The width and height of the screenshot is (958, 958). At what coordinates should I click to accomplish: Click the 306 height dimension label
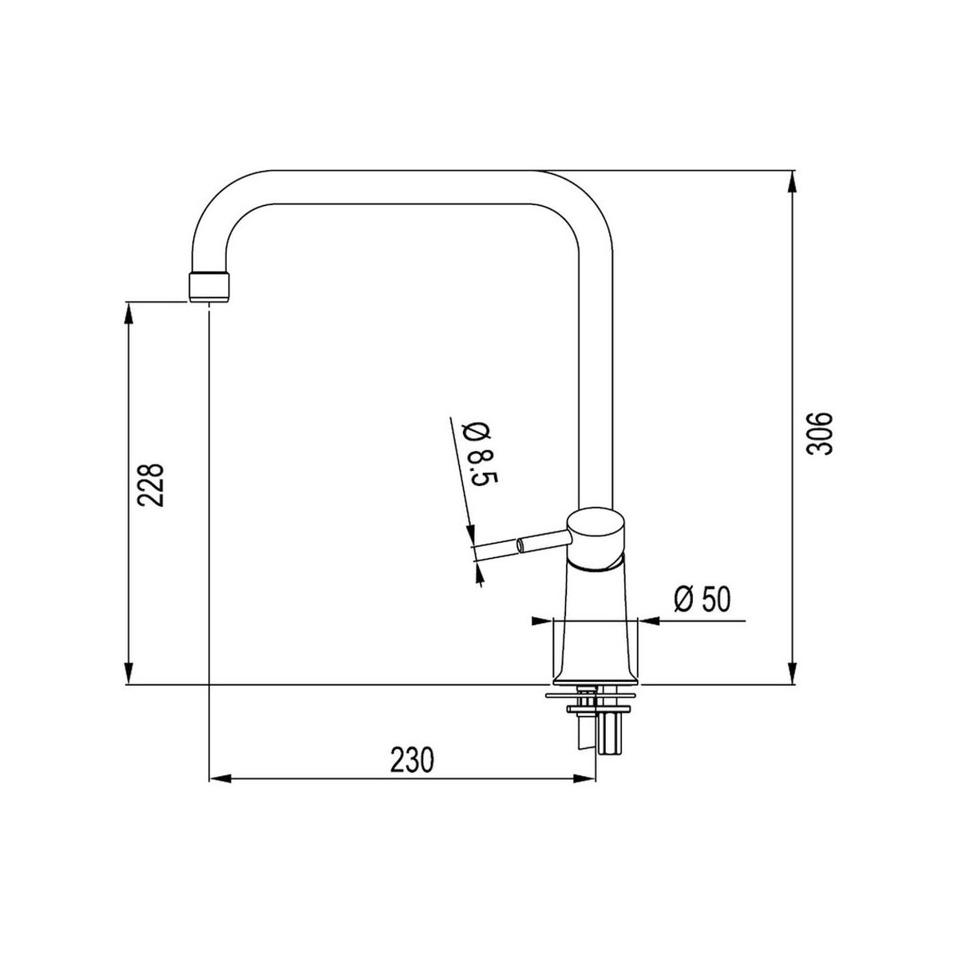pos(819,433)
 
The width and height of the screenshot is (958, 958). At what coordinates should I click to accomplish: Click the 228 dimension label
pos(151,485)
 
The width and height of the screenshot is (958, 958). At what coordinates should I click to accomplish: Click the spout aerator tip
pos(209,287)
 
